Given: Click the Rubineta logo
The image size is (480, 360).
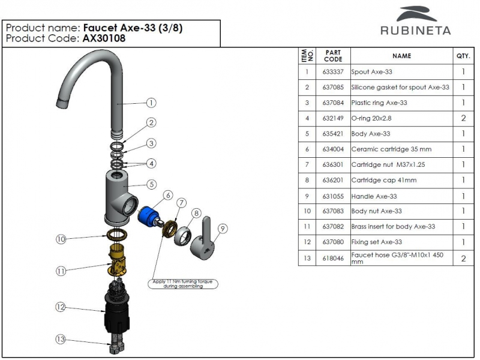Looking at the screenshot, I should click(415, 21).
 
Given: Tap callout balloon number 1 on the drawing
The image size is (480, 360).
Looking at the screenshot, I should click(152, 103).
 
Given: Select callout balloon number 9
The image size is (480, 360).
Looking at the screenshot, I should click(223, 228).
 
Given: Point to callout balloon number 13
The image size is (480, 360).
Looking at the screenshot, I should click(60, 339).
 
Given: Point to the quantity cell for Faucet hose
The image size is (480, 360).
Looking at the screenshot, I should click(463, 259).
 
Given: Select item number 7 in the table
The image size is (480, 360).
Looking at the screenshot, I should click(307, 165).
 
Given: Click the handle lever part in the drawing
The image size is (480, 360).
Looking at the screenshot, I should click(204, 237).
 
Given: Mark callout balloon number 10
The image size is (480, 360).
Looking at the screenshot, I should click(60, 239).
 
